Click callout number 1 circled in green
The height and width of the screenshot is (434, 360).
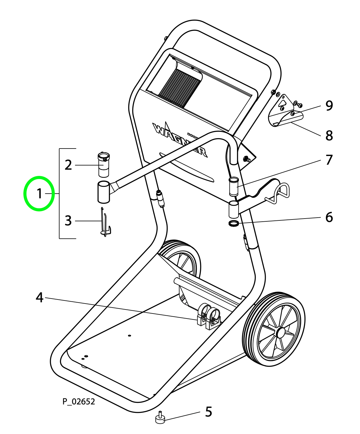(x=39, y=194)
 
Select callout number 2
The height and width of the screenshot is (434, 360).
(x=68, y=165)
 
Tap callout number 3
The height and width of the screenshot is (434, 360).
(x=68, y=221)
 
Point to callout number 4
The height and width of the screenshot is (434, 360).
(x=39, y=297)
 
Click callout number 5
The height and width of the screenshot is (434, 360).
(x=208, y=412)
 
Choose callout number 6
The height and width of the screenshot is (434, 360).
(x=329, y=217)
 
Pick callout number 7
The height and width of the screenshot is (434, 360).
(x=329, y=160)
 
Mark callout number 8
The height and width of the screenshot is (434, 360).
(x=329, y=135)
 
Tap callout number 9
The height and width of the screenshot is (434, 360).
(x=329, y=106)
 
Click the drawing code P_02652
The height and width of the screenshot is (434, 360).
(x=79, y=402)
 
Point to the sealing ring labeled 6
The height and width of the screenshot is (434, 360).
(x=234, y=223)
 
